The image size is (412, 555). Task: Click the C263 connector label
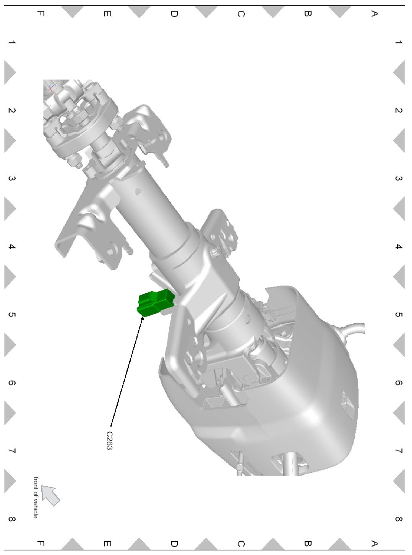point(109,441)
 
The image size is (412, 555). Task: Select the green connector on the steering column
point(156,302)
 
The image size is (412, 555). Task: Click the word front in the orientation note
point(36,482)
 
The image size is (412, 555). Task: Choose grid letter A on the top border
point(374,13)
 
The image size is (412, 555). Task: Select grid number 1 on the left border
point(11,42)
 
